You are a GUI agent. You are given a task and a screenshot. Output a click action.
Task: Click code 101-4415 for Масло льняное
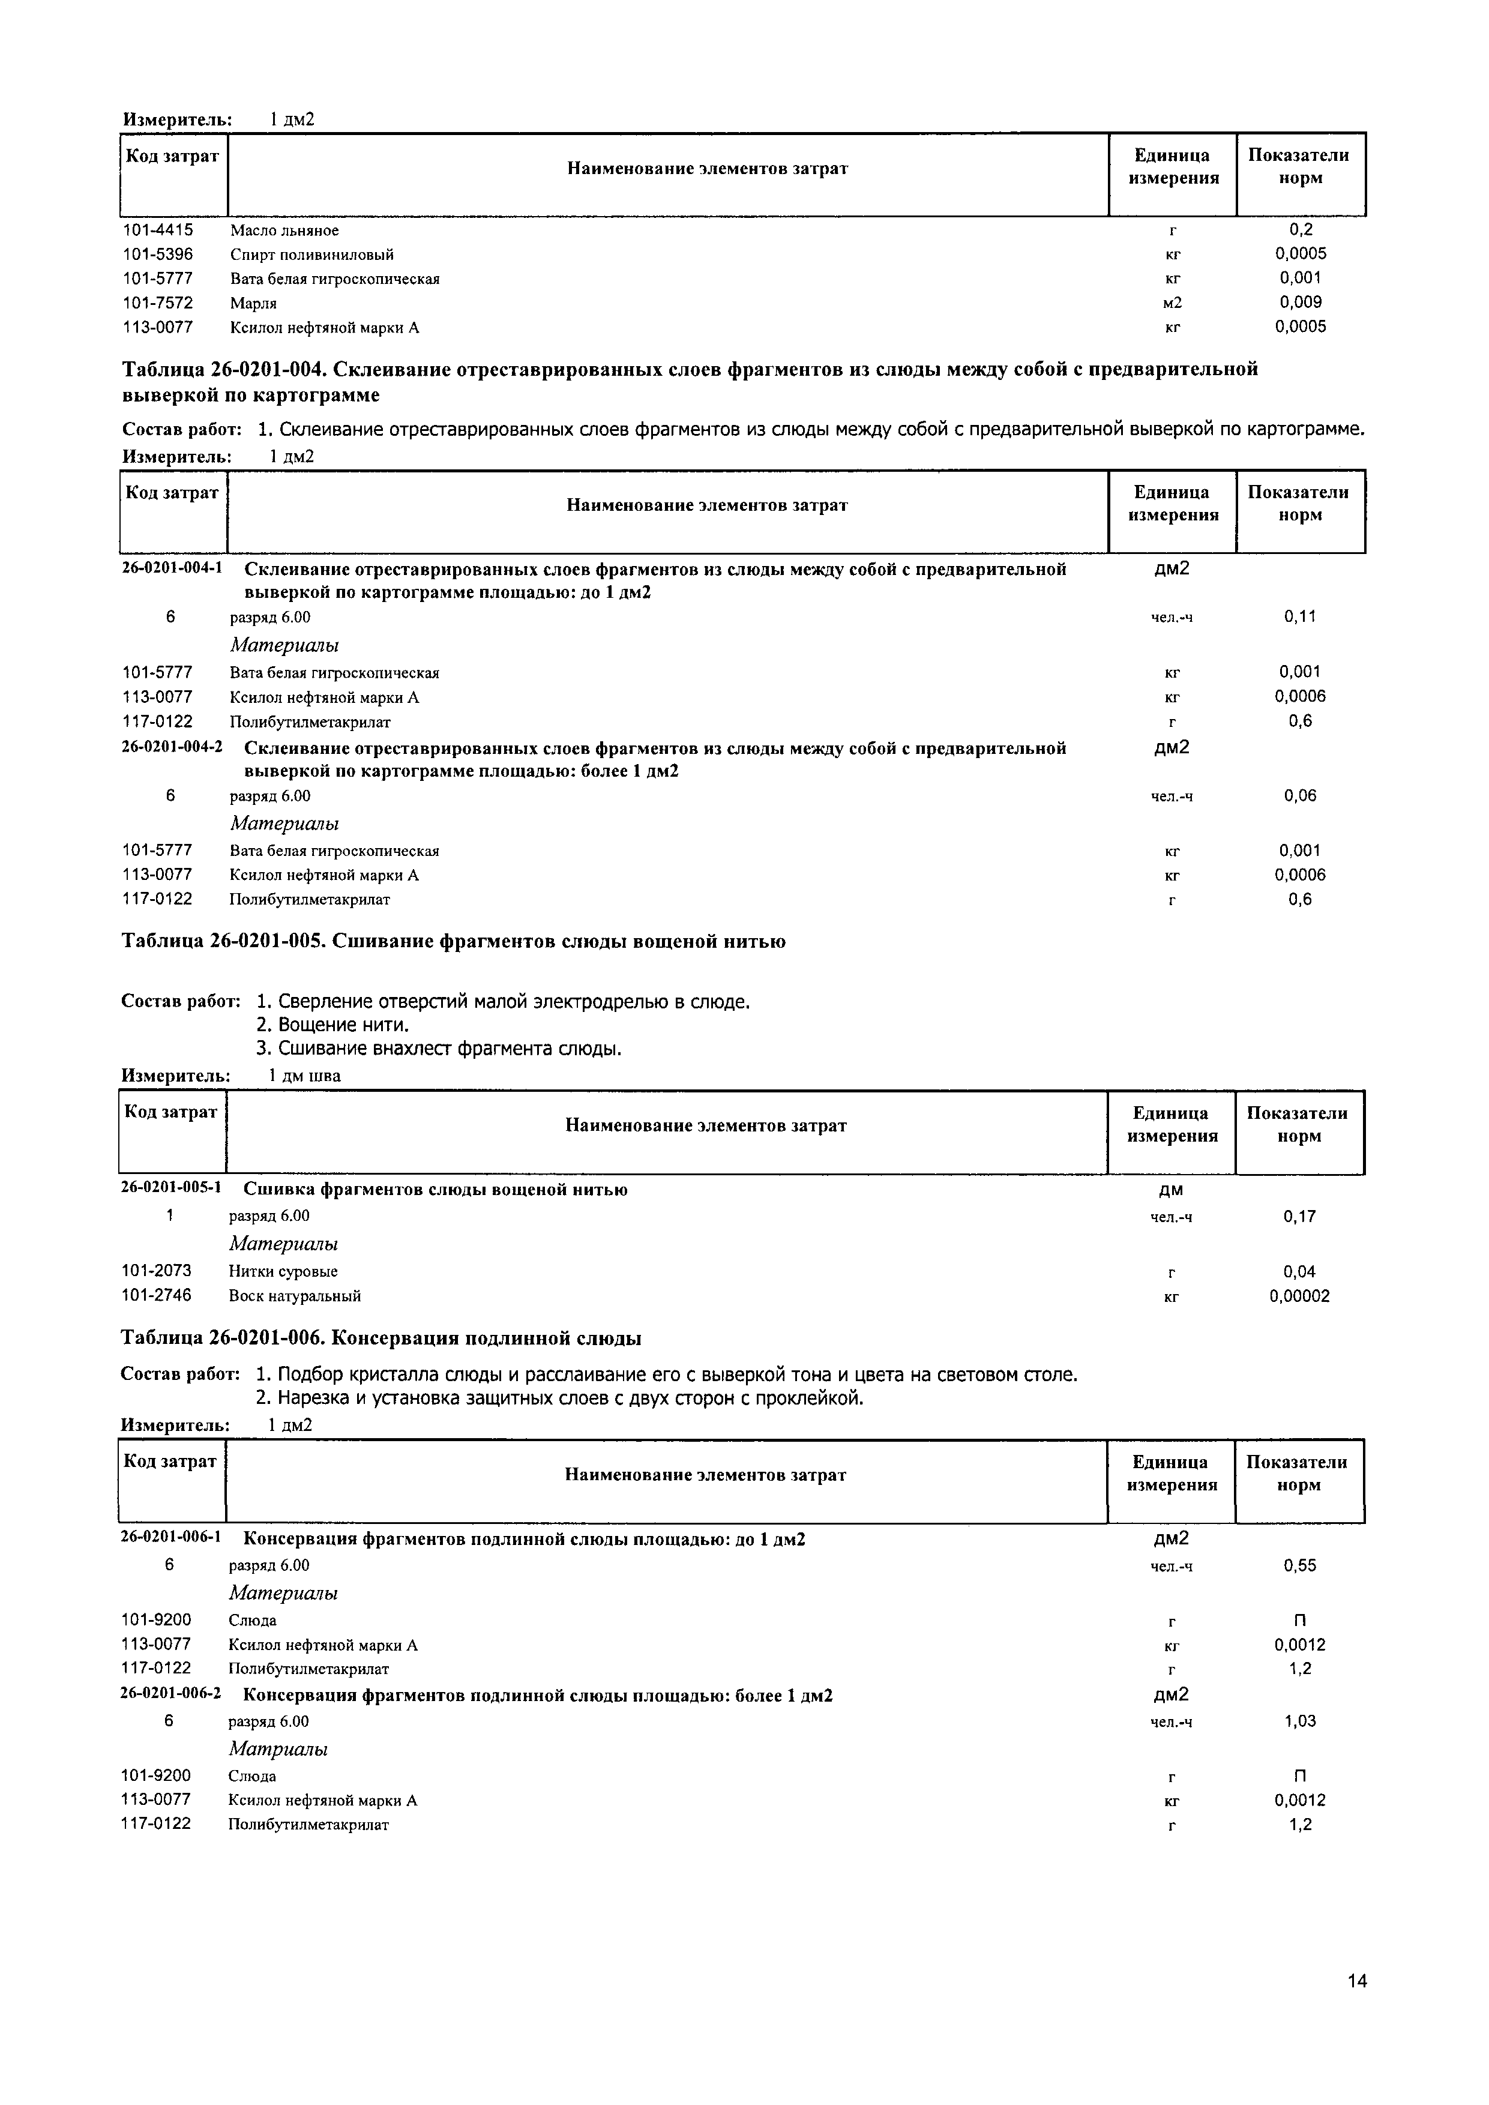[158, 230]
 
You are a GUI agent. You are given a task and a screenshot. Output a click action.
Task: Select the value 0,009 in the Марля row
[1299, 303]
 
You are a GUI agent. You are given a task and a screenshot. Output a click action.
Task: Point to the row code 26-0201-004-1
[172, 568]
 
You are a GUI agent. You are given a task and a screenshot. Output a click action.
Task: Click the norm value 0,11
[1299, 617]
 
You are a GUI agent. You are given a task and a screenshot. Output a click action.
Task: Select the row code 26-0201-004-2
[172, 747]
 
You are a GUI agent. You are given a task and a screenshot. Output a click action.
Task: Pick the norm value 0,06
[1299, 796]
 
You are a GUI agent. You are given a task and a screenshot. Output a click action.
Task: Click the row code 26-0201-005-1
[172, 1188]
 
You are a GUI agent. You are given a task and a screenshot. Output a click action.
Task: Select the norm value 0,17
[1299, 1217]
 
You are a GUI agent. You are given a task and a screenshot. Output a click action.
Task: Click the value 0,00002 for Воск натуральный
[1299, 1296]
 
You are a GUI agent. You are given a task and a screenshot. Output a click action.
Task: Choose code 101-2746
[157, 1295]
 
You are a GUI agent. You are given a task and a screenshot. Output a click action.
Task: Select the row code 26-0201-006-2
[172, 1693]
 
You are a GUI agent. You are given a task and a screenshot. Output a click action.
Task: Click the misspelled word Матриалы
[278, 1749]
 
